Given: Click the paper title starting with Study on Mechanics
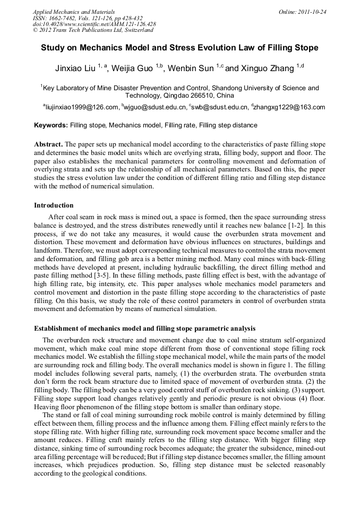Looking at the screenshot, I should click(179, 48).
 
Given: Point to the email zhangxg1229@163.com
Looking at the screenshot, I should click(289, 107).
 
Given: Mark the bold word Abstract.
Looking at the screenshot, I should click(48, 144).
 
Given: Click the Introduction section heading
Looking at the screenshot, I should click(54, 205).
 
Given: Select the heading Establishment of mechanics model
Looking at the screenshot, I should click(144, 328).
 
